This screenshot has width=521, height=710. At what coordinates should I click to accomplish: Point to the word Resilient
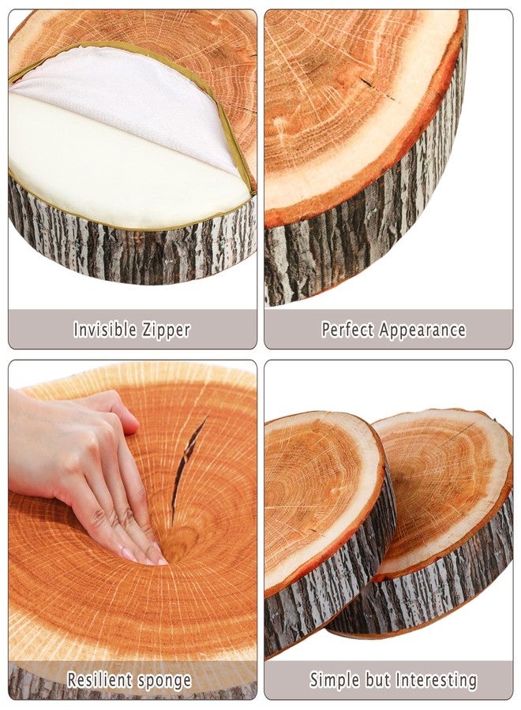[x=99, y=680]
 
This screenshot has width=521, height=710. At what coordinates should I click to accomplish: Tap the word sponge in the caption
[x=164, y=680]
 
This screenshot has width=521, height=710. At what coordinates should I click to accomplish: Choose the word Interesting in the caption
[x=437, y=680]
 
